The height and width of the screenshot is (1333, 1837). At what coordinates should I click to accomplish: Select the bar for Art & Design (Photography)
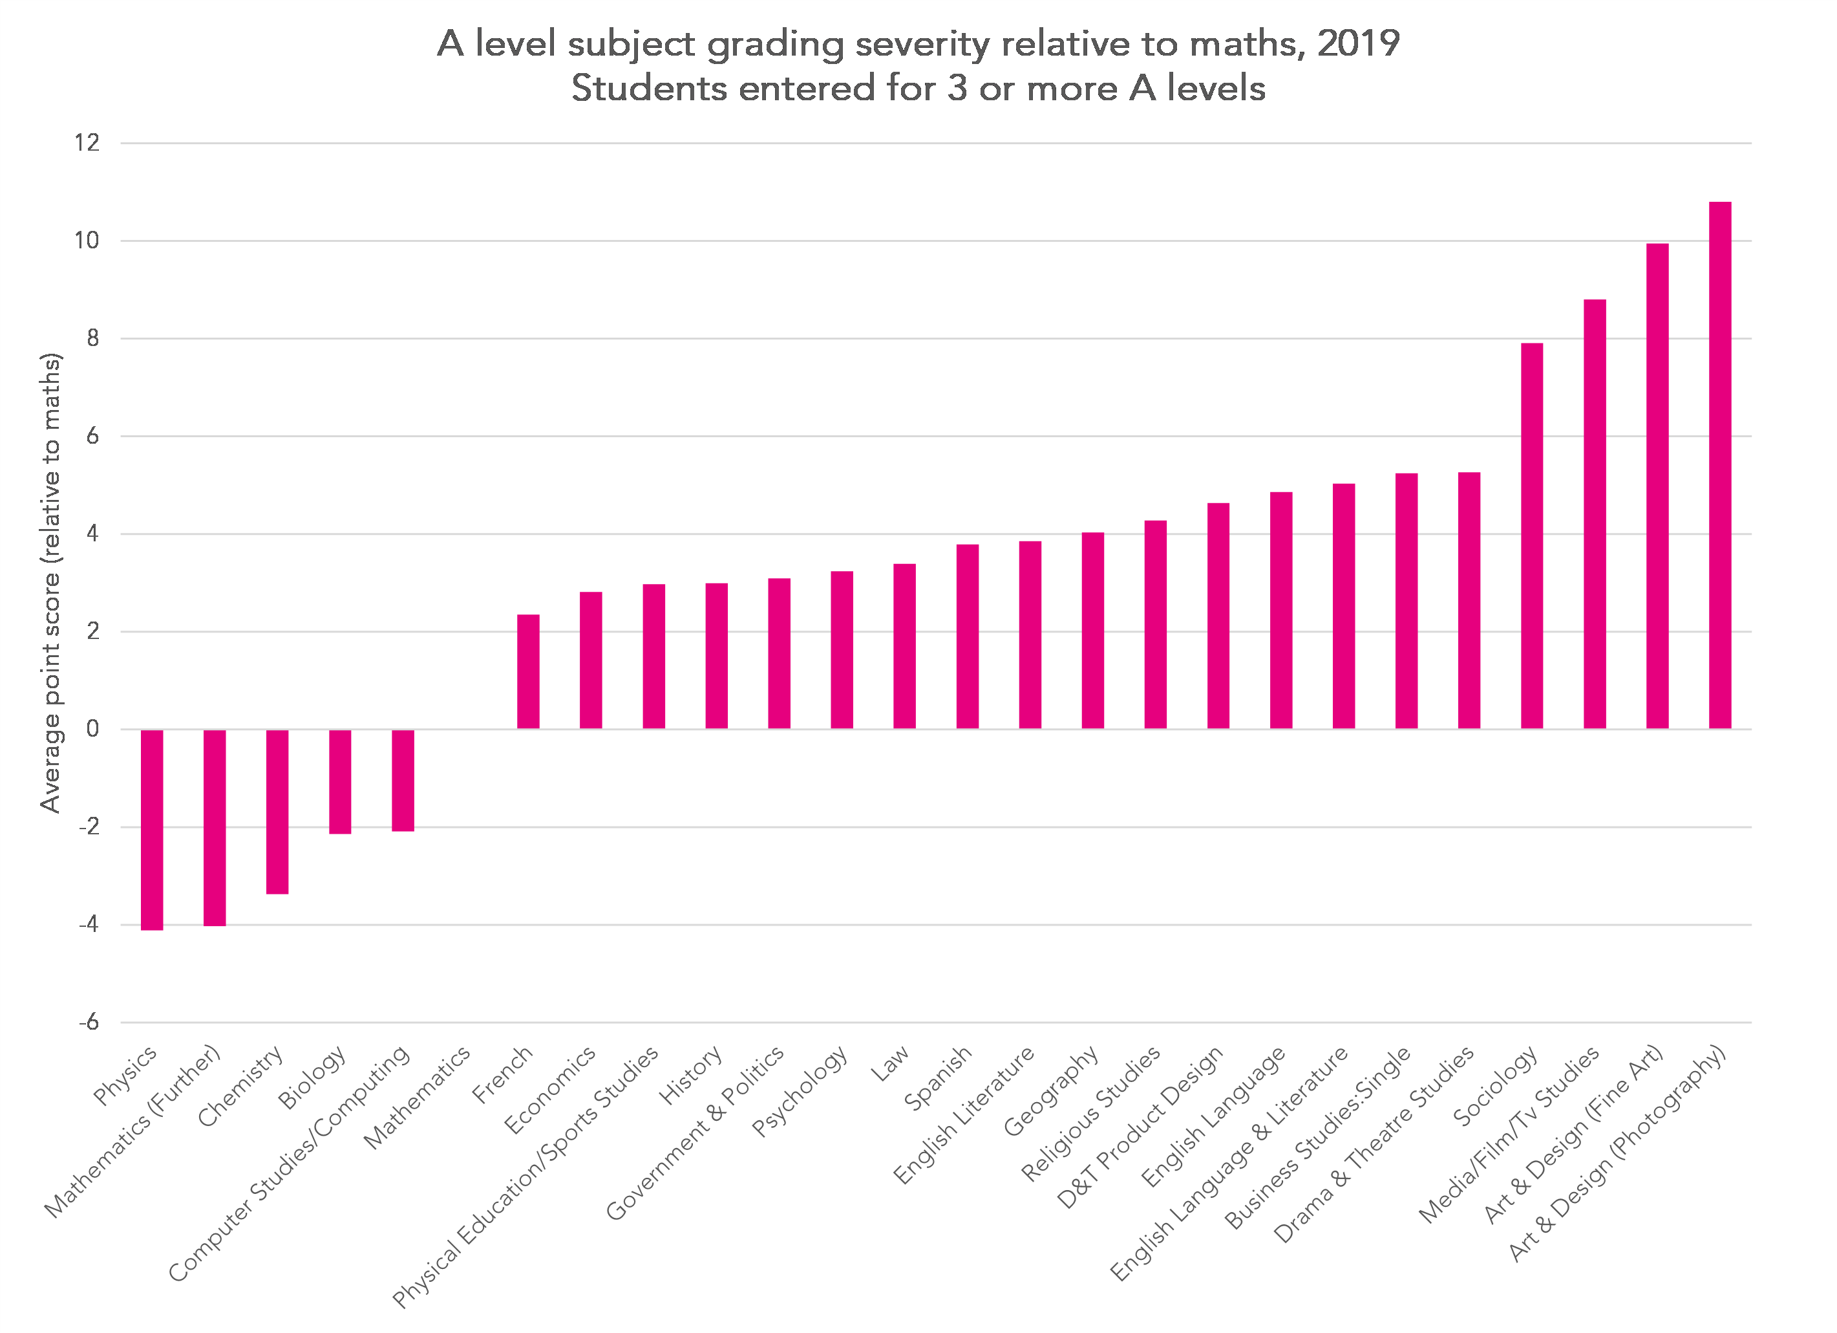[x=1719, y=465]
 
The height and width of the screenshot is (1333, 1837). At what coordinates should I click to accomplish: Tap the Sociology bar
[x=1532, y=536]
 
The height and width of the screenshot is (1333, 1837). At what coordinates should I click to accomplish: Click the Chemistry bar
[x=277, y=811]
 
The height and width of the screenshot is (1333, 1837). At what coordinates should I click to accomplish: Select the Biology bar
[x=339, y=781]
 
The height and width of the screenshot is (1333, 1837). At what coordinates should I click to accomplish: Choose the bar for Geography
[x=1092, y=631]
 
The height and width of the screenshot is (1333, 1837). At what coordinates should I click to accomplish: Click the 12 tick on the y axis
[x=87, y=144]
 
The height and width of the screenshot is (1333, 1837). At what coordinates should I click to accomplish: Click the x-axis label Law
[x=890, y=1063]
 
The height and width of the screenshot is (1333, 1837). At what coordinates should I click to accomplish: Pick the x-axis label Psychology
[x=800, y=1090]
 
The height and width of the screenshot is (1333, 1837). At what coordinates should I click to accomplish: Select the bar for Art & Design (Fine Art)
[x=1657, y=486]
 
